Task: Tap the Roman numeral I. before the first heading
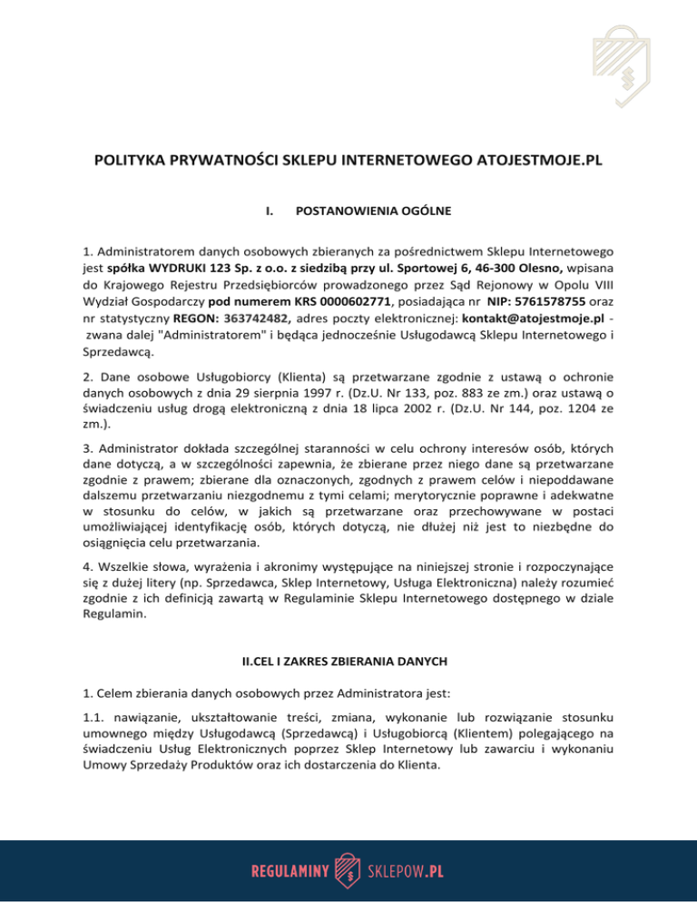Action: pyautogui.click(x=270, y=213)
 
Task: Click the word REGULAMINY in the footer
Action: pyautogui.click(x=287, y=869)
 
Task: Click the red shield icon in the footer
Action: pyautogui.click(x=347, y=868)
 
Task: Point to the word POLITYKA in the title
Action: pyautogui.click(x=132, y=162)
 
